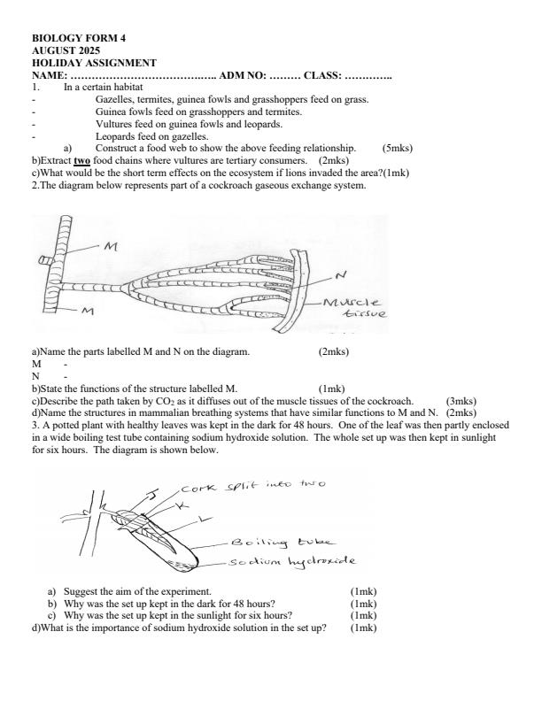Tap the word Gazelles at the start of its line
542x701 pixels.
click(x=115, y=100)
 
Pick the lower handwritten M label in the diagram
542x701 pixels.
click(x=88, y=311)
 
